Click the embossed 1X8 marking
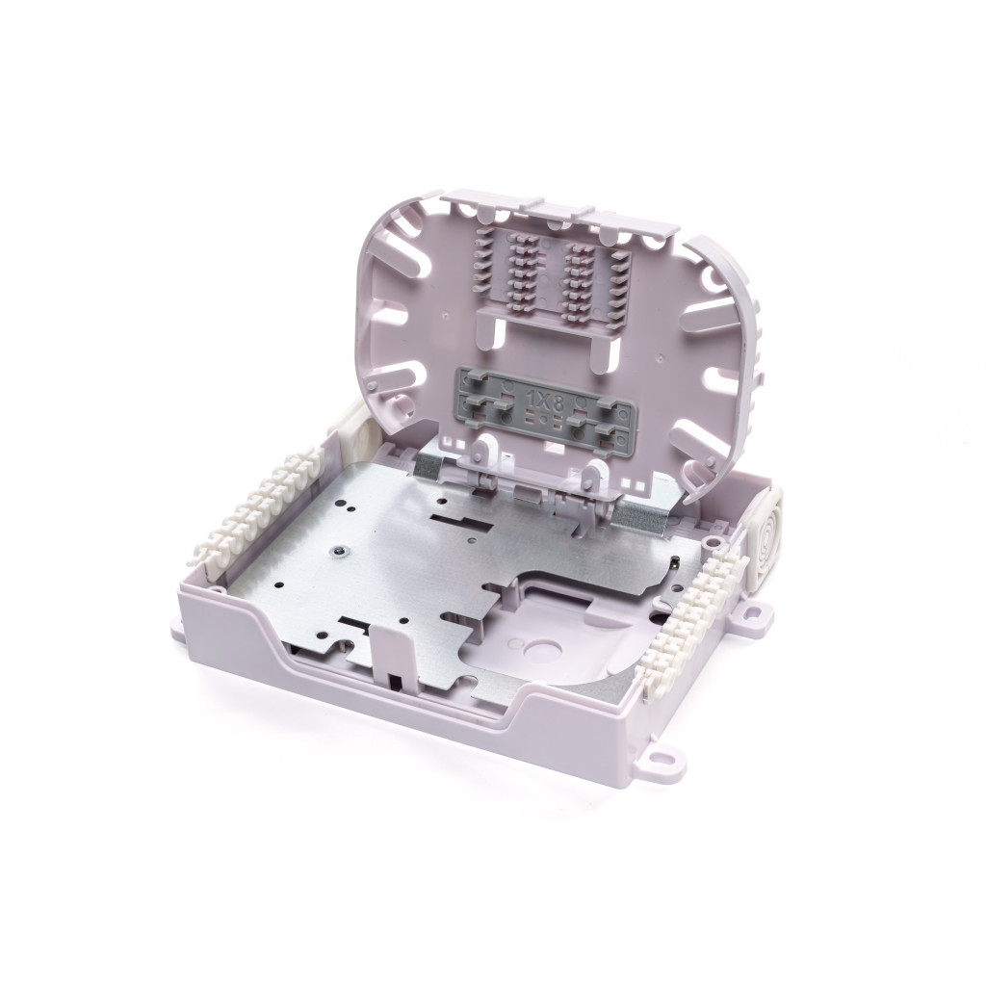coord(545,402)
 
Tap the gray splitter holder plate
coord(546,408)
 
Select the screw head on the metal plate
coord(340,551)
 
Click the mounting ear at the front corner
coord(659,761)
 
